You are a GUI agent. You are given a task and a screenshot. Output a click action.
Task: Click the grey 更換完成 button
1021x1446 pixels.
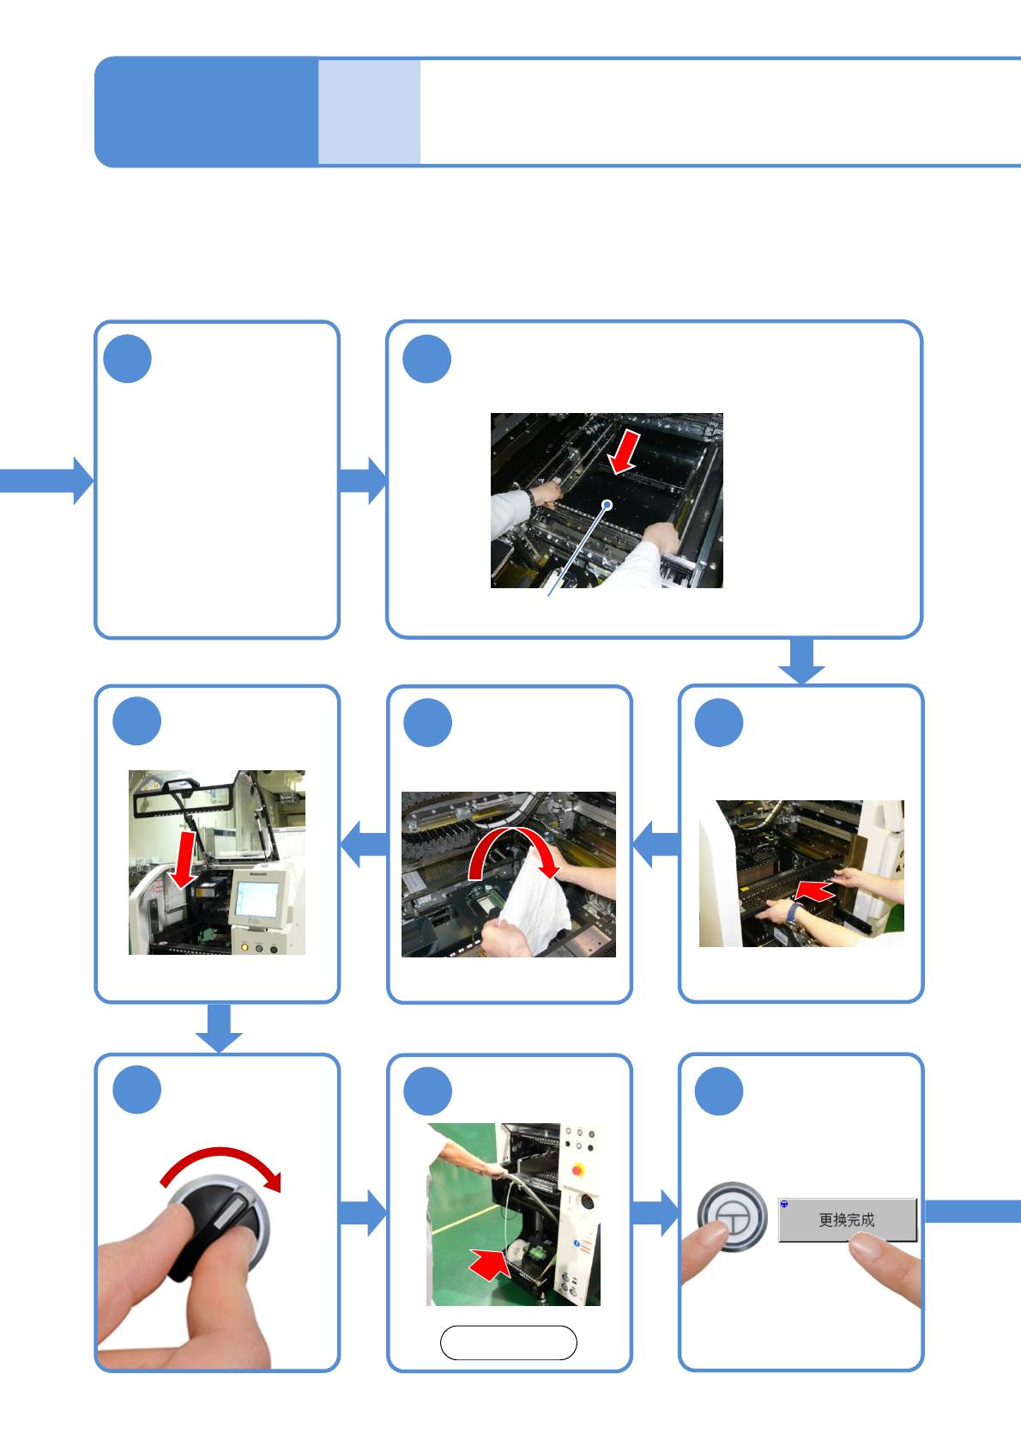(x=847, y=1219)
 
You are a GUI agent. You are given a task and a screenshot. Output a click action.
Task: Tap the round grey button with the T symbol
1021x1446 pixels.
(x=732, y=1217)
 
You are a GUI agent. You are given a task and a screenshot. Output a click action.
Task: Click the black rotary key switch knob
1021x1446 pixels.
(x=218, y=1224)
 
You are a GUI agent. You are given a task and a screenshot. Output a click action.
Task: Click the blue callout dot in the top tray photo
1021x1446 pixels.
(x=607, y=504)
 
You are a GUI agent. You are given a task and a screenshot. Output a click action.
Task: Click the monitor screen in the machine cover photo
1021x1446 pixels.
(x=256, y=898)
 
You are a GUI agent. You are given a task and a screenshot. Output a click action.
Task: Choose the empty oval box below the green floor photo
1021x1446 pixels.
(x=508, y=1343)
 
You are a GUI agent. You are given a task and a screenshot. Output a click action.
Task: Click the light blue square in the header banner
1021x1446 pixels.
(x=369, y=112)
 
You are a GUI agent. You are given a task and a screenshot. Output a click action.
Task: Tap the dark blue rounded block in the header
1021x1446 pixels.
(x=206, y=112)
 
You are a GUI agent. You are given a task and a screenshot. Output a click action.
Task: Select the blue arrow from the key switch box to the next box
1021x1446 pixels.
(x=363, y=1212)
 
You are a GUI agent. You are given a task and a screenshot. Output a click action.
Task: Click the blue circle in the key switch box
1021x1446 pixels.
(x=137, y=1090)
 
